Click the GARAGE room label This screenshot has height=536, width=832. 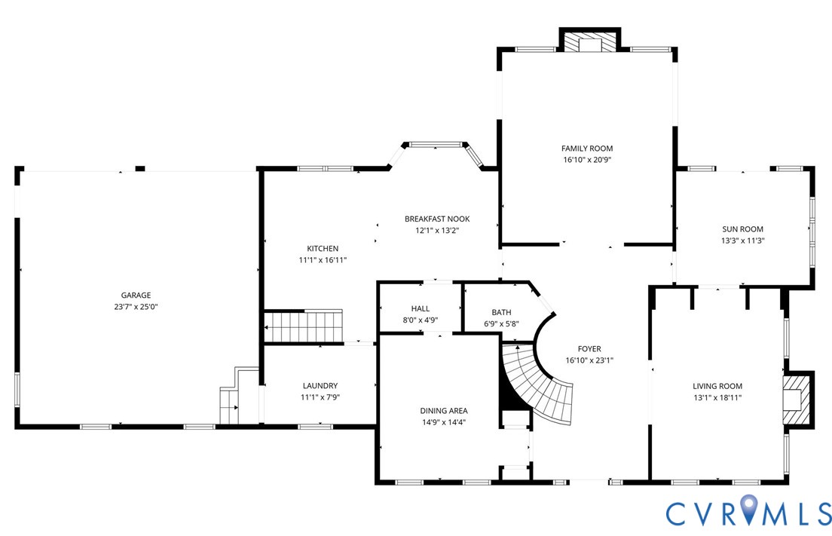click(136, 295)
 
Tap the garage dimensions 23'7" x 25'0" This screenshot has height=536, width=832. click(136, 307)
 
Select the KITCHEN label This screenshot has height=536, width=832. click(323, 248)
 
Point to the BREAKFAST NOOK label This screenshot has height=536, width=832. click(437, 219)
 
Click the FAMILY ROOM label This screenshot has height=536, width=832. click(587, 149)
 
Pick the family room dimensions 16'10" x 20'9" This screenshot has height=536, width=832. click(587, 160)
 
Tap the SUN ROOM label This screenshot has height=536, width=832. click(742, 229)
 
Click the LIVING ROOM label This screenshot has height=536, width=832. click(717, 386)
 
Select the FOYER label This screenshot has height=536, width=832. click(589, 349)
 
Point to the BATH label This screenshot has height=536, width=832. click(501, 313)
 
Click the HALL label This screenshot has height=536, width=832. click(421, 308)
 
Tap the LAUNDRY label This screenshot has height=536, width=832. click(320, 386)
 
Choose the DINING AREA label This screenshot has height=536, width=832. click(444, 411)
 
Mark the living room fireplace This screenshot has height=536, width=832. click(796, 400)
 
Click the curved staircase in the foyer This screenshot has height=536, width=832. click(536, 382)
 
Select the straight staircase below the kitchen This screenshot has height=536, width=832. click(304, 326)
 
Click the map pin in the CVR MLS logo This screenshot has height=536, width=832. click(748, 510)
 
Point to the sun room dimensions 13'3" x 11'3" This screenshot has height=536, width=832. click(742, 240)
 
